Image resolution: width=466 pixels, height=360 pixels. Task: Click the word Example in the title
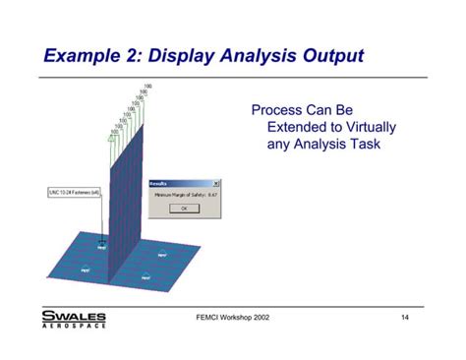pos(84,54)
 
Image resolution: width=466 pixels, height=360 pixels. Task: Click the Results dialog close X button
pos(216,184)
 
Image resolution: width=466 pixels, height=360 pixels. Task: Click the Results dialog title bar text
pos(159,184)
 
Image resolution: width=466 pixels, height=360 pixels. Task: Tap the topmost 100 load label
pos(147,87)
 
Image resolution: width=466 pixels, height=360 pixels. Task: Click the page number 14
pos(405,317)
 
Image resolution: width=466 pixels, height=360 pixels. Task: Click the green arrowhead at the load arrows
pos(112,140)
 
